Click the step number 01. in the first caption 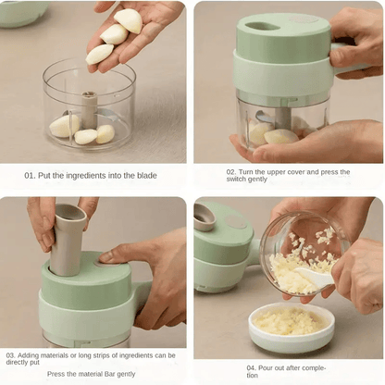pos(30,176)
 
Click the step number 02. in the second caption pos(231,172)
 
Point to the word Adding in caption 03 pos(28,355)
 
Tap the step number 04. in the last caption pos(252,368)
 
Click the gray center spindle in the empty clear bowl pos(89,109)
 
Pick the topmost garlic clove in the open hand pos(129,20)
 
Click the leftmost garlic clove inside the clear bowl pos(64,126)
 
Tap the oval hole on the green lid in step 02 pos(259,27)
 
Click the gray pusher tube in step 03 pos(68,239)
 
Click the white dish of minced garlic pos(292,327)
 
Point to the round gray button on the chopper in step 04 pos(236,221)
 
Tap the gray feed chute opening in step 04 pos(205,217)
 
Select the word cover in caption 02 pos(295,172)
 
